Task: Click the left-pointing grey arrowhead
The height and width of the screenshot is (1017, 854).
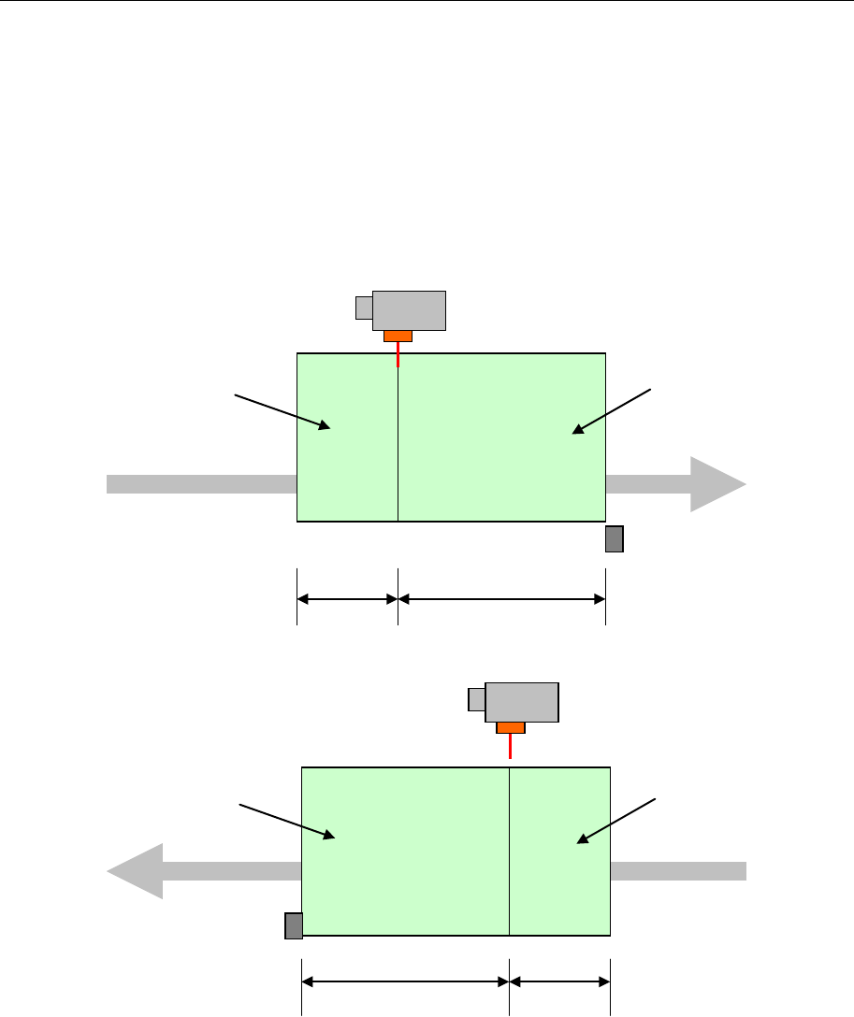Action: click(137, 871)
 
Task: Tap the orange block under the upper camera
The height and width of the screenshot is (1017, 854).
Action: click(398, 337)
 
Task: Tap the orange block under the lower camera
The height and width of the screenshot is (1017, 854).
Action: click(510, 727)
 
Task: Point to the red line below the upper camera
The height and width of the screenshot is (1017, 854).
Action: click(398, 353)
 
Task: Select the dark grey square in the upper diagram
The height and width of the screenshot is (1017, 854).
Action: click(614, 539)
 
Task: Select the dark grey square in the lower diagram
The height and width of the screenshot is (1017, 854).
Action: click(294, 924)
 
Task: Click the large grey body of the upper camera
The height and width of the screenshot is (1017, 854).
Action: click(409, 310)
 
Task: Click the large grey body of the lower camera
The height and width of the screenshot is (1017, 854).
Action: click(521, 702)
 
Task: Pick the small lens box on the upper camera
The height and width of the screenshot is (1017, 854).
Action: click(364, 308)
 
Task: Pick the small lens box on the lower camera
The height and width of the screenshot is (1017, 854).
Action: click(476, 699)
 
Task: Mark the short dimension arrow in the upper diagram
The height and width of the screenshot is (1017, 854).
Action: click(347, 599)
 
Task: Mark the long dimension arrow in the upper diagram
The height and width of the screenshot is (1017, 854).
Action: click(501, 599)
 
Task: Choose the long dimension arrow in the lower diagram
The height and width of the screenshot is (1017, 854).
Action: click(405, 981)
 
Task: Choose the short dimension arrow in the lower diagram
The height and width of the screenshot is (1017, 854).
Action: click(559, 981)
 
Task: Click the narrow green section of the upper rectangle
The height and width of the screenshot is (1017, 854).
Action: click(347, 467)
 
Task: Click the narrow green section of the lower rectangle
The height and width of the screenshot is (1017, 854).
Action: click(559, 879)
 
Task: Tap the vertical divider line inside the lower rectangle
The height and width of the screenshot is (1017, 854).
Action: click(509, 851)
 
